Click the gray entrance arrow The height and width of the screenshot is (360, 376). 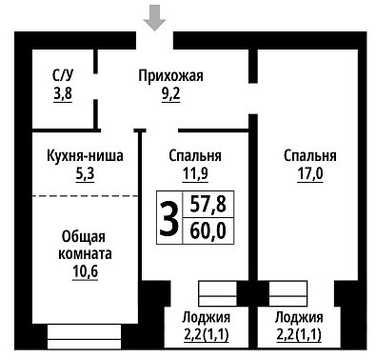pyautogui.click(x=154, y=19)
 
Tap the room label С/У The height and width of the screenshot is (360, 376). pyautogui.click(x=63, y=76)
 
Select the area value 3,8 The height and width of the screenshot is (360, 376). pyautogui.click(x=63, y=94)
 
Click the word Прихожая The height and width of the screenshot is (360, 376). pyautogui.click(x=170, y=76)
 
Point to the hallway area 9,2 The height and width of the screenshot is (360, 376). pyautogui.click(x=170, y=94)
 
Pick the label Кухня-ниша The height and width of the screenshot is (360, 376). pyautogui.click(x=85, y=156)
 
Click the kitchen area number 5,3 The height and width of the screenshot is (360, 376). pyautogui.click(x=85, y=174)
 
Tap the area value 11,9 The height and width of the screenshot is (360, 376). pyautogui.click(x=195, y=174)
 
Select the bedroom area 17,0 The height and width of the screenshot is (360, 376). pyautogui.click(x=310, y=174)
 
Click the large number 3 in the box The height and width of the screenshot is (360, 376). pyautogui.click(x=168, y=218)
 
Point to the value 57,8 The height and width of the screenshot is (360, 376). pyautogui.click(x=208, y=205)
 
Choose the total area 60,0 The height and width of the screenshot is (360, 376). pyautogui.click(x=208, y=231)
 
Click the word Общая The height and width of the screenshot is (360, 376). pyautogui.click(x=84, y=237)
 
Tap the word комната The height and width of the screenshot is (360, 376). pyautogui.click(x=85, y=254)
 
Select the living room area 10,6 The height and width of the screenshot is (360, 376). pyautogui.click(x=85, y=272)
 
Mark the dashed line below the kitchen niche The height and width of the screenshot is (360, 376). pyautogui.click(x=85, y=196)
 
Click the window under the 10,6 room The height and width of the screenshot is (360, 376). pyautogui.click(x=85, y=337)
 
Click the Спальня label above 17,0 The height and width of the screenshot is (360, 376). pyautogui.click(x=310, y=156)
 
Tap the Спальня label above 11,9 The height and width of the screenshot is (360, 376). pyautogui.click(x=195, y=156)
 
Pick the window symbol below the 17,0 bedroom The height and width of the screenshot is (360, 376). pyautogui.click(x=288, y=293)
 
